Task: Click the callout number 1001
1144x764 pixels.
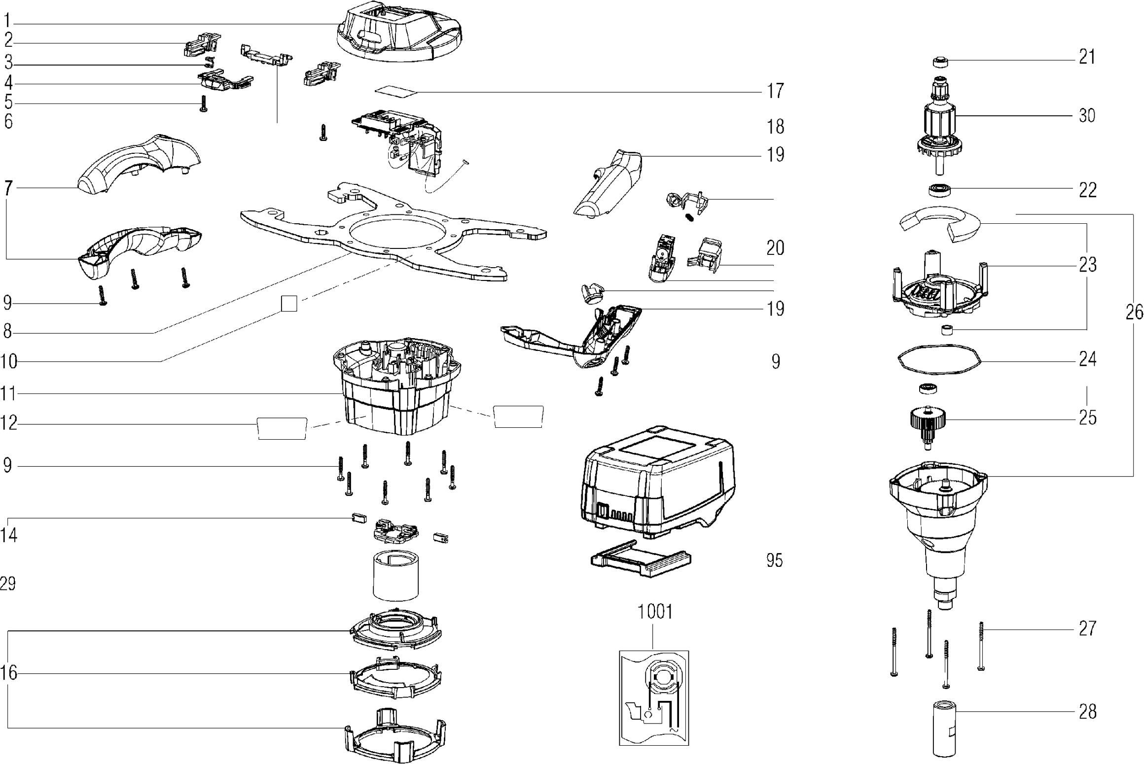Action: pyautogui.click(x=655, y=612)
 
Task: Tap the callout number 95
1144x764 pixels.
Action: pyautogui.click(x=775, y=560)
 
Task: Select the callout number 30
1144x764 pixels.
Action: pyautogui.click(x=1087, y=116)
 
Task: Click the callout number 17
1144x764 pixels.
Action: pyautogui.click(x=775, y=91)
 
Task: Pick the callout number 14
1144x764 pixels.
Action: pyautogui.click(x=9, y=535)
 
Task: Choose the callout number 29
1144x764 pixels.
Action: pyautogui.click(x=8, y=584)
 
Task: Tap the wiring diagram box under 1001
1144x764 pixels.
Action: pyautogui.click(x=654, y=697)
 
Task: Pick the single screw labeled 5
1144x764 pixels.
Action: pyautogui.click(x=203, y=104)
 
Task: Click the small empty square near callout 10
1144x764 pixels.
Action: pyautogui.click(x=289, y=304)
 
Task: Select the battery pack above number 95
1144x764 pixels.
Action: pyautogui.click(x=658, y=486)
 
